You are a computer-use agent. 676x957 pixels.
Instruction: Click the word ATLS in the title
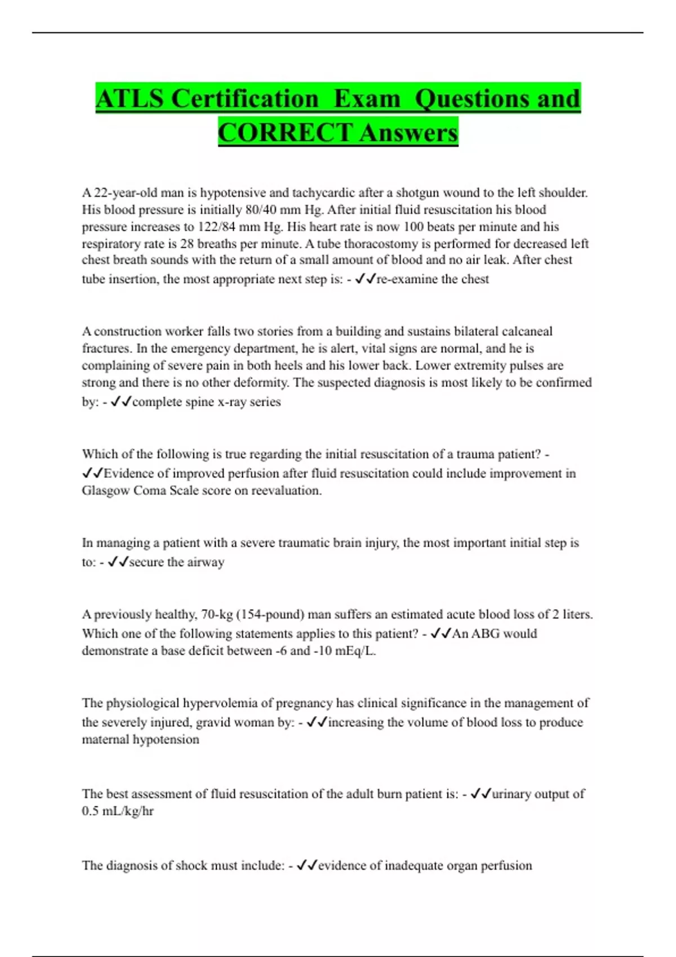[130, 99]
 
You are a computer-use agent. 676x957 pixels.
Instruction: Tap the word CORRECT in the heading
[285, 133]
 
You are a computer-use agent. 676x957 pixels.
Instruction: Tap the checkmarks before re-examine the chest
[365, 279]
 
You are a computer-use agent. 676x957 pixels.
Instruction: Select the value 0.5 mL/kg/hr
[117, 811]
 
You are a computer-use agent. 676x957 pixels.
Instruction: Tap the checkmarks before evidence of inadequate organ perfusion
[307, 865]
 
